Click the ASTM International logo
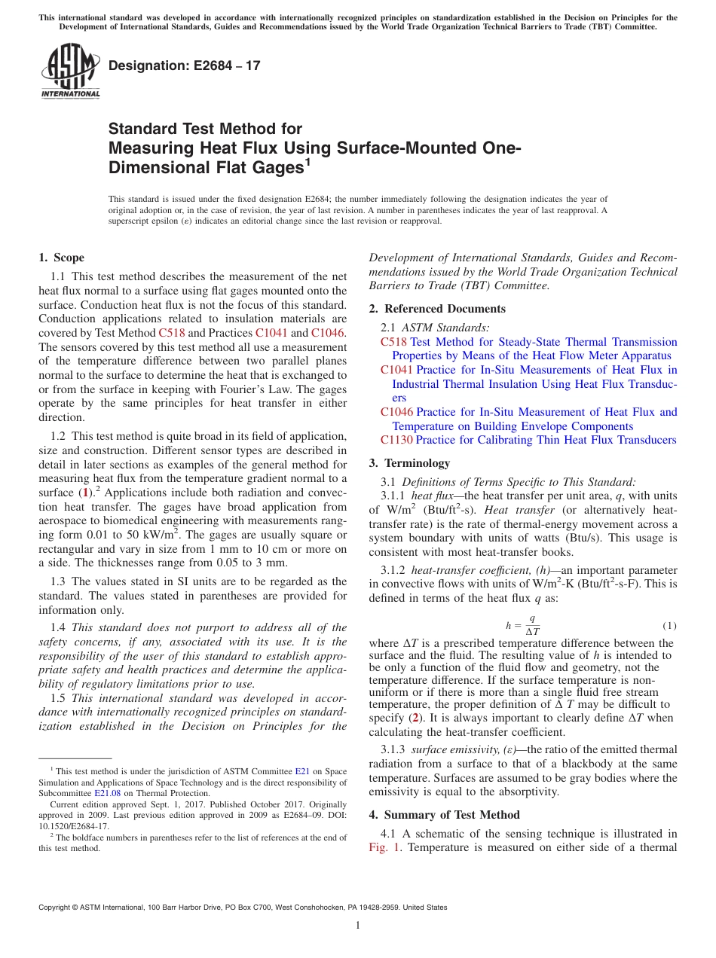coord(70,72)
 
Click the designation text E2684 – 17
coord(185,66)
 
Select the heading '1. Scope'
coord(62,258)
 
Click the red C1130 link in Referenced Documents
coord(397,440)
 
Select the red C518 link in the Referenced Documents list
coord(393,342)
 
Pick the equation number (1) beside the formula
coord(669,626)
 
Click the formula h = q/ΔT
coord(522,625)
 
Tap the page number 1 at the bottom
coord(358,926)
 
